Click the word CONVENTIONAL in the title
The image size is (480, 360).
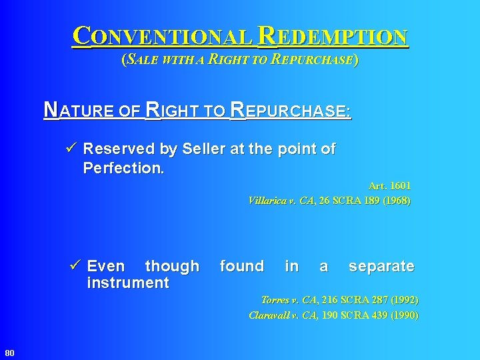click(162, 37)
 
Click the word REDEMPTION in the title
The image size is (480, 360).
click(332, 37)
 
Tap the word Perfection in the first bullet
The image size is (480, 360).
click(123, 168)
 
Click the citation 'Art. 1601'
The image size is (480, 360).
click(389, 187)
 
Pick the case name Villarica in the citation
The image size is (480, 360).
click(270, 200)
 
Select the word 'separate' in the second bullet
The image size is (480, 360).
click(381, 267)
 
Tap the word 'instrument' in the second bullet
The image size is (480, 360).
click(128, 283)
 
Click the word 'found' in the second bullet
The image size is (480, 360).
click(241, 267)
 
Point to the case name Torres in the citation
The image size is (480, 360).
click(275, 301)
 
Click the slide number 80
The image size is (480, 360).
click(9, 352)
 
